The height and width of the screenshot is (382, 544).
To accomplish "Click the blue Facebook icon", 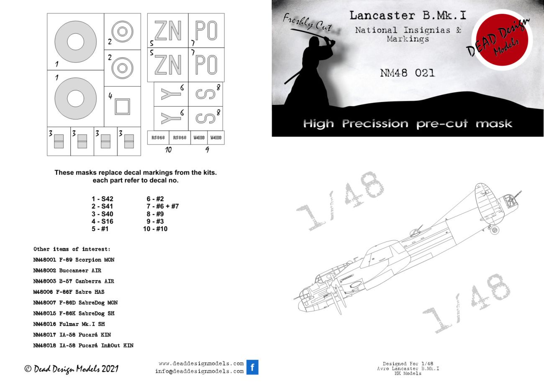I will coord(252,367).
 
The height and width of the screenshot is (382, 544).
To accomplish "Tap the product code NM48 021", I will coord(407,73).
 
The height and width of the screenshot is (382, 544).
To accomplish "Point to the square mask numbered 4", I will coord(122,106).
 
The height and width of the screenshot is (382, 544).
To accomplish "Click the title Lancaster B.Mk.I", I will coord(408,16).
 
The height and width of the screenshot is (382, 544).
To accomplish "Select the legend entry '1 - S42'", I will coord(103,199).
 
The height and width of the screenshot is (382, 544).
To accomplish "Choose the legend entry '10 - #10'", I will coord(155,229).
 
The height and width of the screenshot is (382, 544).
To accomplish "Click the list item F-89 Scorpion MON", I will coord(74,260).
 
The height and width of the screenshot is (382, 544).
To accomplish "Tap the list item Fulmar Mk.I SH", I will coord(74,324).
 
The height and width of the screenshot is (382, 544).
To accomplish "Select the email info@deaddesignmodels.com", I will coord(199,371).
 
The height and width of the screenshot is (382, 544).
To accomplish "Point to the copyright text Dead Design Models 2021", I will coord(72,369).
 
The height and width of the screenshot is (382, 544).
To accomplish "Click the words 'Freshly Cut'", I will coord(307,23).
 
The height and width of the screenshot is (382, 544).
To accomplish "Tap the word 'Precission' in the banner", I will coord(375,124).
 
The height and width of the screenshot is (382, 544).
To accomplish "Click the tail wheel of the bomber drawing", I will coord(494,229).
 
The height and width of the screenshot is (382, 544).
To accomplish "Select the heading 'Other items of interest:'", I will coord(72,249).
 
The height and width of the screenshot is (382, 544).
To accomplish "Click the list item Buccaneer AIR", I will coord(67,270).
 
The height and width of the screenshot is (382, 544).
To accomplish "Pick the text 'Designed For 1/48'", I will coord(408,364).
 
